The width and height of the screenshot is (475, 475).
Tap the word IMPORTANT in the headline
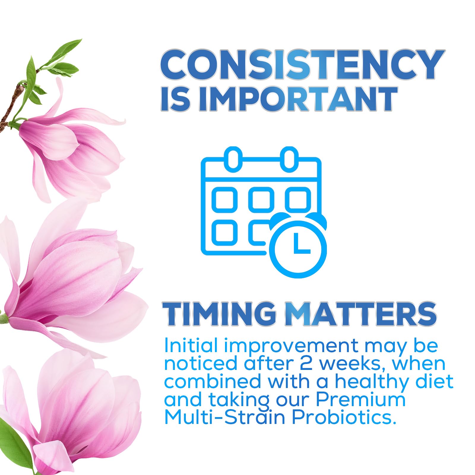(298, 99)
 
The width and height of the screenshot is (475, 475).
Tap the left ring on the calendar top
(233, 159)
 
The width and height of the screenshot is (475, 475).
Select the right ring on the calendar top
(289, 159)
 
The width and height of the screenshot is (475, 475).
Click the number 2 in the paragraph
(306, 364)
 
